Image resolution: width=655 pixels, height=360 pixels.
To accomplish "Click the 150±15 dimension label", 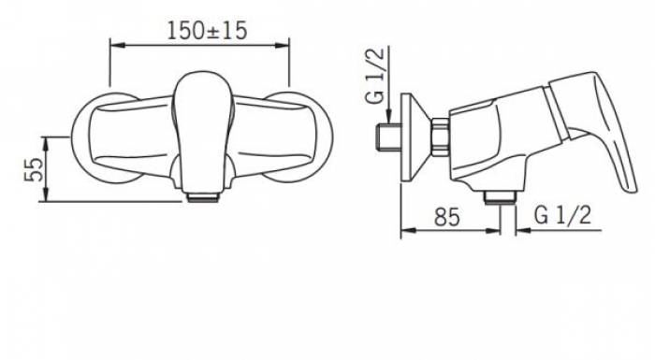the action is point(207,31).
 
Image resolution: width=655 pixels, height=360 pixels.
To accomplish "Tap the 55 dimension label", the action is point(35,169).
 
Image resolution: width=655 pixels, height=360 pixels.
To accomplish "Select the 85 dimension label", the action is point(446,217).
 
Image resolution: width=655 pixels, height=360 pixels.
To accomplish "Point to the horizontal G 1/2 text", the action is point(563,215).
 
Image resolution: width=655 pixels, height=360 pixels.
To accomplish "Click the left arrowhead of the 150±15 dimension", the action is point(116,44).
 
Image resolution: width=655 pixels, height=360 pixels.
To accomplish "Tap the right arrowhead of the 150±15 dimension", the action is point(284,44).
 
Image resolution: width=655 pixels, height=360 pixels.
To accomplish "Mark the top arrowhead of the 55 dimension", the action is point(46,143).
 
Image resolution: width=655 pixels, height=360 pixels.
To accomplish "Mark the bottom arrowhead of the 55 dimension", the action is point(46,195).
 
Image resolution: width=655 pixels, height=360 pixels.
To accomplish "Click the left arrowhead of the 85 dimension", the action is point(407,231).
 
